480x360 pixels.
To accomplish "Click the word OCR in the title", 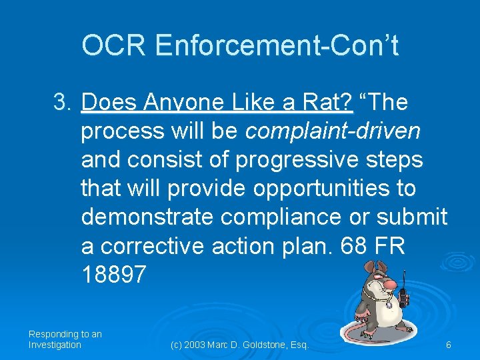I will click(113, 46).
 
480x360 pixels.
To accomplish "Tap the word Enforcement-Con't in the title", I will click(276, 46).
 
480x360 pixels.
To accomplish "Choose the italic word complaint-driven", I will click(333, 131).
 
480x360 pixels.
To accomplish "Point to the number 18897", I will click(113, 275).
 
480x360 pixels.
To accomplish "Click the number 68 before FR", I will click(353, 246).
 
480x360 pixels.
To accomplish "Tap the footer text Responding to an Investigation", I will click(65, 339).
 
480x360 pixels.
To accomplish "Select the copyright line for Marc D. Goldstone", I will click(239, 345).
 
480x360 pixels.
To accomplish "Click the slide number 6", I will click(449, 345).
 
